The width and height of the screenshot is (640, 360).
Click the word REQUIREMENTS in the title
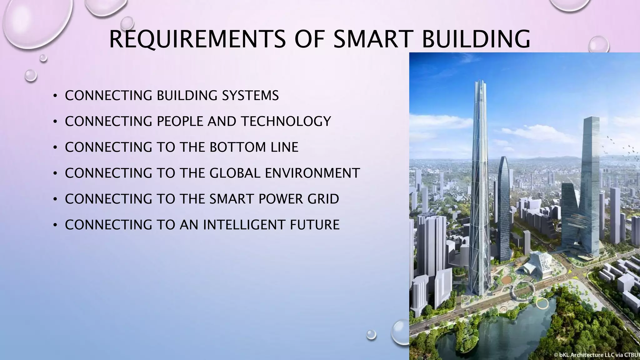[197, 39]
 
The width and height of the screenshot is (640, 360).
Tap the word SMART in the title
[372, 39]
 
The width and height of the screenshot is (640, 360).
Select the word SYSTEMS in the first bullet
[250, 96]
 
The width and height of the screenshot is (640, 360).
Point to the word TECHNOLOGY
[286, 122]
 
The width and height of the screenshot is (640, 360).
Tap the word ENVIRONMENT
[312, 173]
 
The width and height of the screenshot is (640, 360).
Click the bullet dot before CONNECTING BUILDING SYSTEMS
[55, 96]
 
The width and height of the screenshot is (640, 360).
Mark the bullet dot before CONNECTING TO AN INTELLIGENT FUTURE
[55, 225]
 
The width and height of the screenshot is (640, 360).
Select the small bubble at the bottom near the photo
[371, 334]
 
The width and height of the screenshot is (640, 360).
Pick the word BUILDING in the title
[476, 39]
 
